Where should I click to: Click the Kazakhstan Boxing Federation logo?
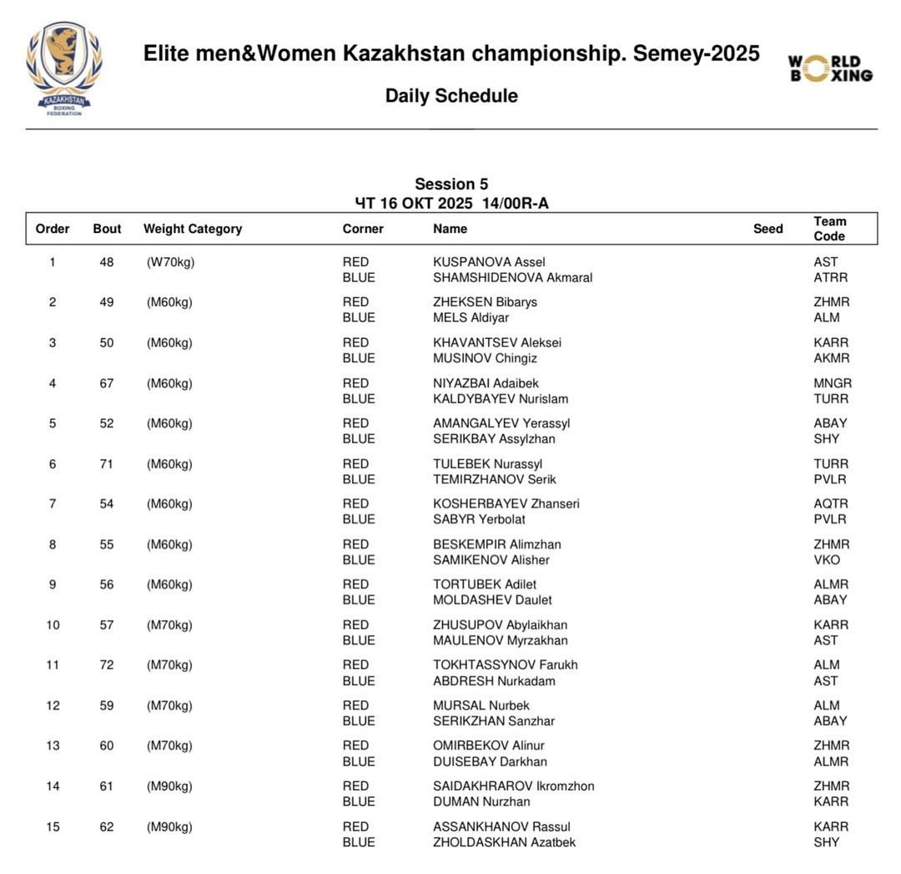[x=64, y=68]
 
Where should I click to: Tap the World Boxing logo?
[x=830, y=68]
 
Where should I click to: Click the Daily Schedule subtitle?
[x=451, y=96]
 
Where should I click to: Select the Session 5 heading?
[x=451, y=184]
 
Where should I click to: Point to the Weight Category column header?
[x=193, y=229]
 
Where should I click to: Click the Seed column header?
[x=768, y=229]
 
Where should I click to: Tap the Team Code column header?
[x=830, y=229]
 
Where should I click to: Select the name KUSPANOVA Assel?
[x=489, y=262]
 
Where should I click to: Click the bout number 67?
[x=106, y=384]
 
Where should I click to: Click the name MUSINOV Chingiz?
[x=485, y=358]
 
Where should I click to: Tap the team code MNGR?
[x=833, y=384]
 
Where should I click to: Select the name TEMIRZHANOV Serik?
[x=495, y=479]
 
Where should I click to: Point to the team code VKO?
[x=827, y=560]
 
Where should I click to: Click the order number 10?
[x=53, y=625]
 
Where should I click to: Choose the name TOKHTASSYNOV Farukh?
[x=506, y=665]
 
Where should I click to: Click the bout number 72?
[x=106, y=665]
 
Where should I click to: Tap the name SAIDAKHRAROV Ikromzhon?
[x=514, y=786]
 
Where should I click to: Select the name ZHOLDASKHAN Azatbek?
[x=505, y=842]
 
